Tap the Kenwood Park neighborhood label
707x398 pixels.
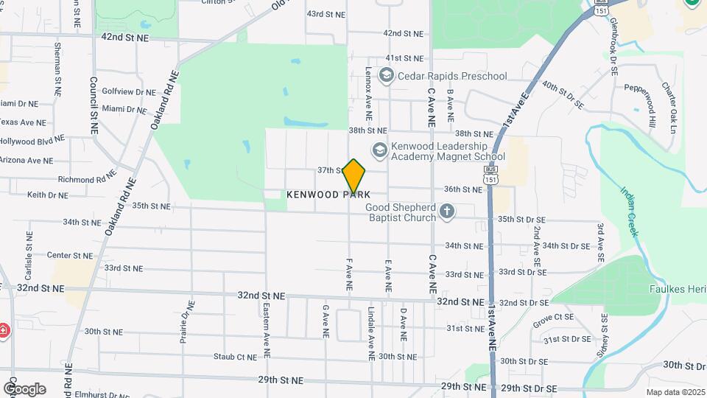point(328,195)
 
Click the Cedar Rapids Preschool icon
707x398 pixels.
point(385,75)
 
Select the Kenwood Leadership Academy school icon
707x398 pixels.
point(379,150)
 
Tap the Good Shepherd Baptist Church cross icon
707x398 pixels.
point(446,212)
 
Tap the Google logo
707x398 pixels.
point(24,388)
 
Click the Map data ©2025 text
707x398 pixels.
point(675,392)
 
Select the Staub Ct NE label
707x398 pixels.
point(235,357)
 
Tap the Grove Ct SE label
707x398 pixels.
point(553,317)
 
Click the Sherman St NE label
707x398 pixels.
point(57,70)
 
